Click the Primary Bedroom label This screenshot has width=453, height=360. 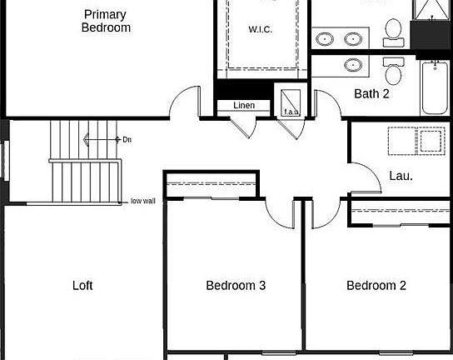point(106,21)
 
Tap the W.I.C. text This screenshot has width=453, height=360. point(261,30)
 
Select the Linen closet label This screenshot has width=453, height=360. point(243,106)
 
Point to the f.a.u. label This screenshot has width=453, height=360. point(291,111)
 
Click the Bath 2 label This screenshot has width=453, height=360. point(371,93)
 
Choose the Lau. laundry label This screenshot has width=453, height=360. point(401,176)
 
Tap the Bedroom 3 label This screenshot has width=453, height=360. point(236,286)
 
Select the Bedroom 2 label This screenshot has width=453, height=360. point(376,286)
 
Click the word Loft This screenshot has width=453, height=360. point(82,286)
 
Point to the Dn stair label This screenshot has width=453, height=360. point(127,139)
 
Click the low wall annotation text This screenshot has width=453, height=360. point(142,201)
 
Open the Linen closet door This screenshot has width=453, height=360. point(243,124)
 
